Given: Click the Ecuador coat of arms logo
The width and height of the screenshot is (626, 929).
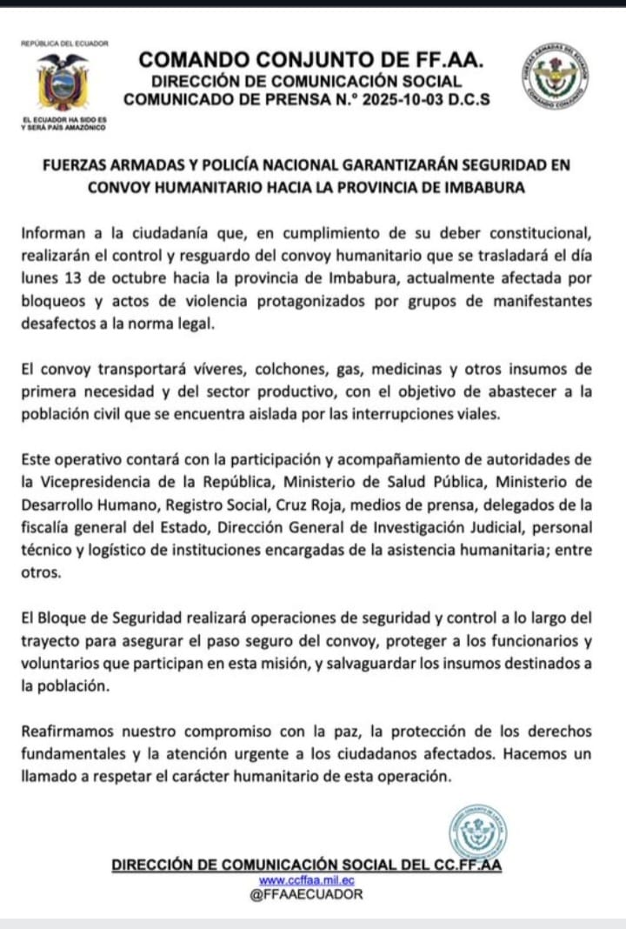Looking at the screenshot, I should [62, 84].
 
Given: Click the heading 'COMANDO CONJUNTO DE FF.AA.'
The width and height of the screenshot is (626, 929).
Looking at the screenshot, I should [311, 60].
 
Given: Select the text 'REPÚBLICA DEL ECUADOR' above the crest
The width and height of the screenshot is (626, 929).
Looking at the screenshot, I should [63, 43].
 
